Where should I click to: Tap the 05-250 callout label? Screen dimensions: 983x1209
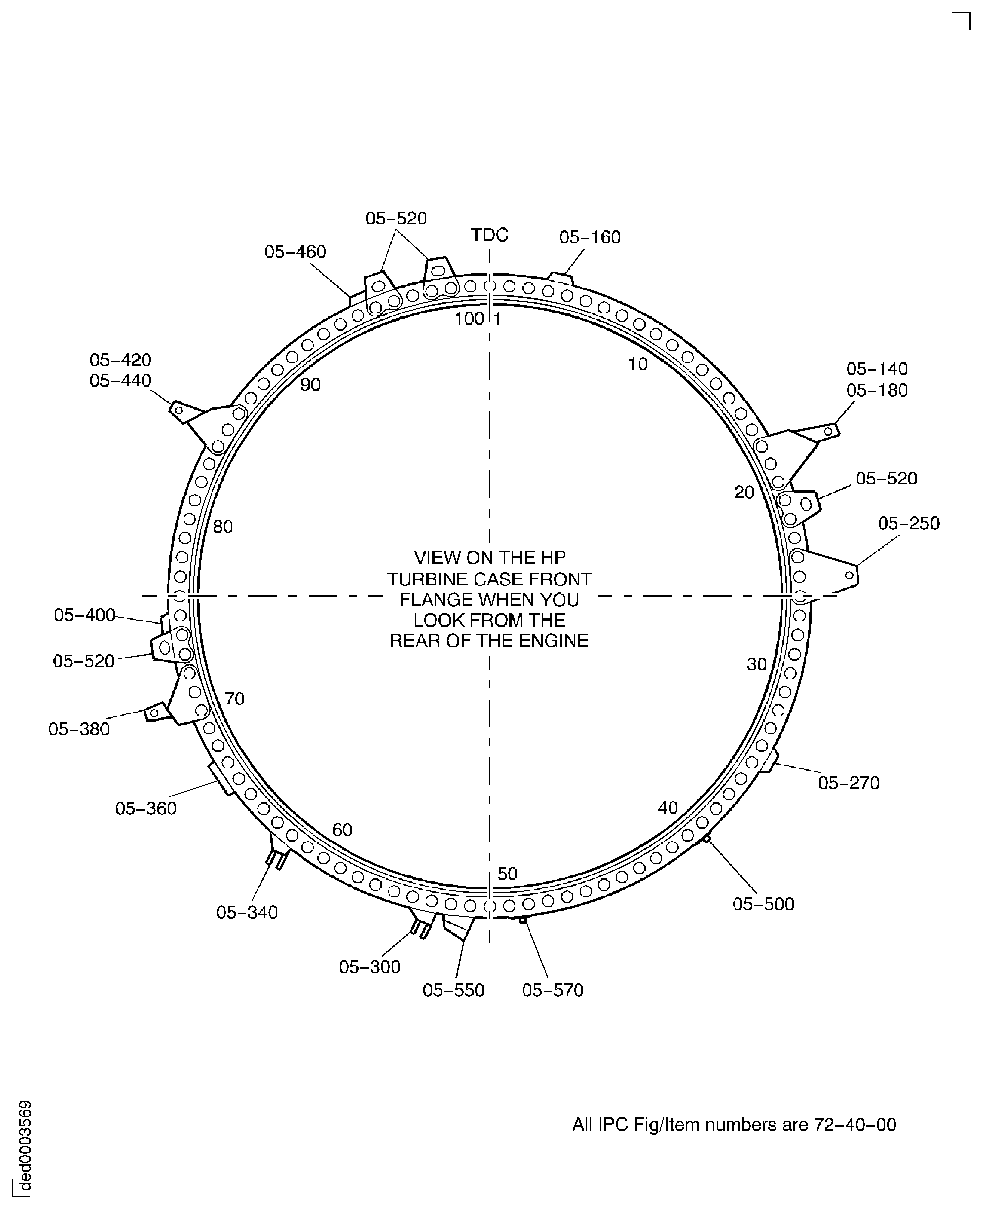pyautogui.click(x=909, y=523)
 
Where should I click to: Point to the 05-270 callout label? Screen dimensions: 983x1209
pyautogui.click(x=849, y=783)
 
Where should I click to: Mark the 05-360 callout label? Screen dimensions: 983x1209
pyautogui.click(x=146, y=808)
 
